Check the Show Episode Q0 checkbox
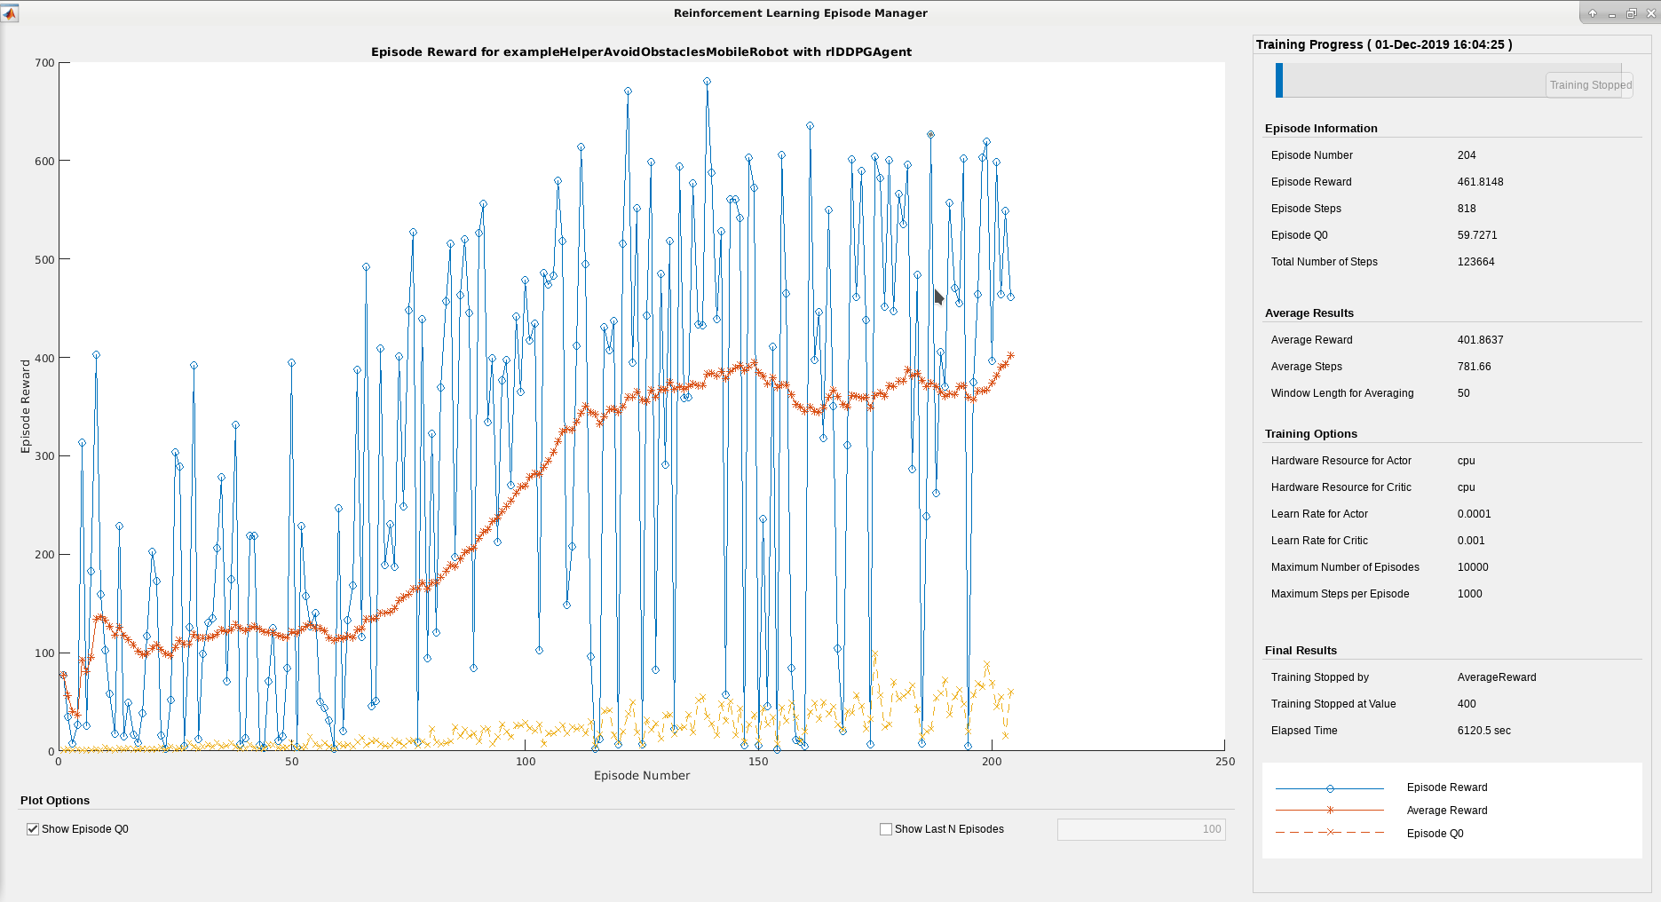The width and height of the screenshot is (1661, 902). [x=33, y=829]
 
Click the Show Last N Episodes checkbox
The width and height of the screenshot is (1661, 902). [x=886, y=829]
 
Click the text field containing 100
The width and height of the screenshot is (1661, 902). [x=1141, y=829]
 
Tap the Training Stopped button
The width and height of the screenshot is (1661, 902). [x=1590, y=85]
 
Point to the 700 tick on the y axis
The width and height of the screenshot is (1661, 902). [x=45, y=63]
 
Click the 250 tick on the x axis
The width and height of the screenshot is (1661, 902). [x=1225, y=762]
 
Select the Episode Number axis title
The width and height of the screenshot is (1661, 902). [x=642, y=776]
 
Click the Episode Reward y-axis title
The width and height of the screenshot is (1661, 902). [x=26, y=407]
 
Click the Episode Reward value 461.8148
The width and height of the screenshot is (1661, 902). [x=1480, y=182]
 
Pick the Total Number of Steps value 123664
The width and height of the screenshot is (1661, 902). [x=1475, y=262]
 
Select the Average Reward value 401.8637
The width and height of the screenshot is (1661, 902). [x=1480, y=340]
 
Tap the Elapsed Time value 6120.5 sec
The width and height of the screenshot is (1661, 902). [x=1483, y=731]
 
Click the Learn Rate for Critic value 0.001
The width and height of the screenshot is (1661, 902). [x=1471, y=541]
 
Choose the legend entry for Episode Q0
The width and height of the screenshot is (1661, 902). [x=1435, y=834]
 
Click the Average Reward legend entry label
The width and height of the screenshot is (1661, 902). [x=1446, y=811]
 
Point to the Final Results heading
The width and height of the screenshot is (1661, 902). [x=1301, y=651]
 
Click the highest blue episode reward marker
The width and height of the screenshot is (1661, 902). [x=707, y=82]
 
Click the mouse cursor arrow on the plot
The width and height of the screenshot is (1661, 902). [x=938, y=297]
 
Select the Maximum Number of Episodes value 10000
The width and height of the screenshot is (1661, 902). [x=1473, y=567]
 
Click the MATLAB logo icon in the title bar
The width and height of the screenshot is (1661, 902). [x=10, y=13]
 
